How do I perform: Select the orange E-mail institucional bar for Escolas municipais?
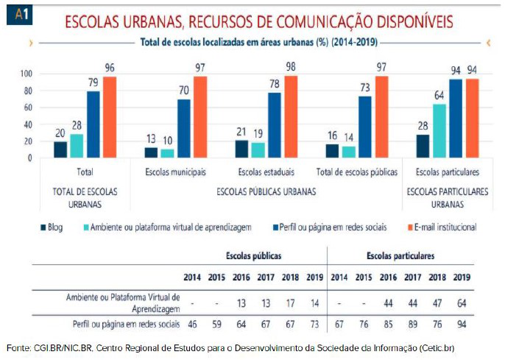click(199, 116)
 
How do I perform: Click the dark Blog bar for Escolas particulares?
click(423, 146)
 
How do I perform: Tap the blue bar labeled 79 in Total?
click(93, 124)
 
